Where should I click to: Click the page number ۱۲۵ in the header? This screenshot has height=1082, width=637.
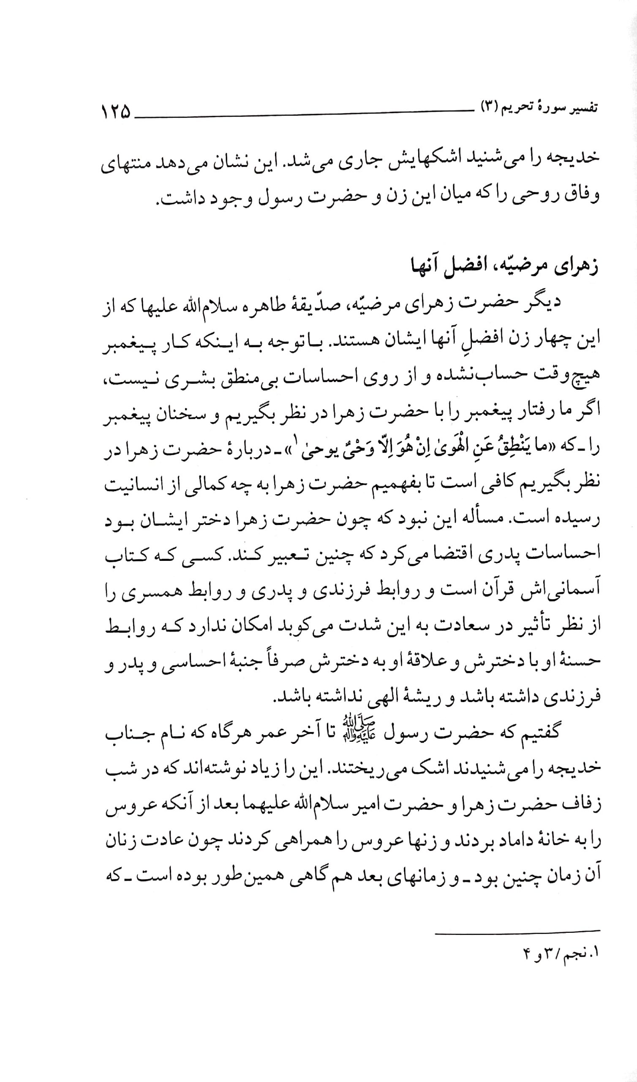115,113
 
